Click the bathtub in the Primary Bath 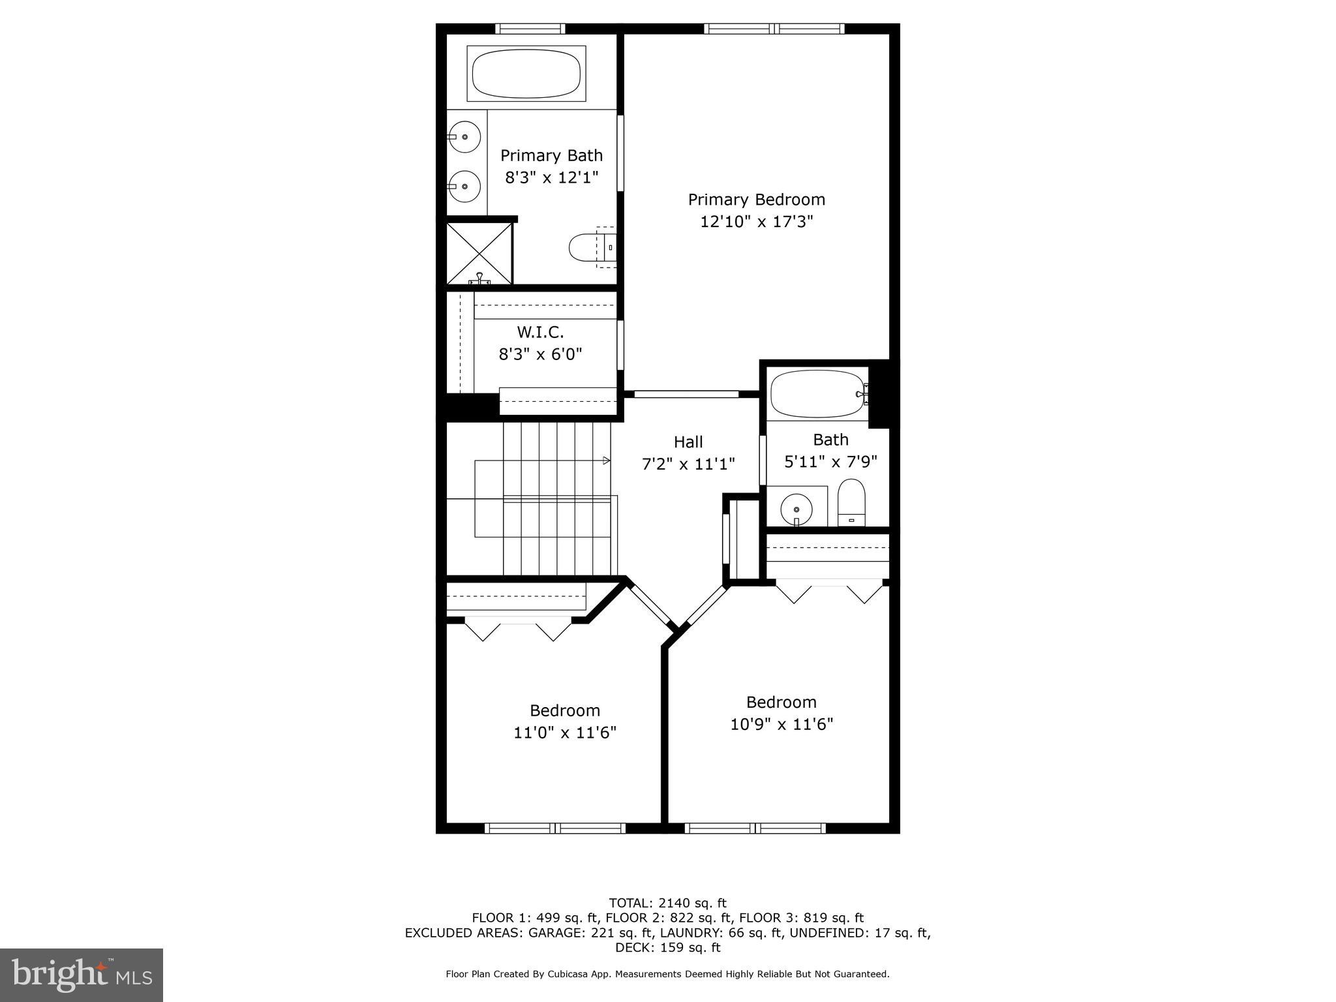coord(526,74)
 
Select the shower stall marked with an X coord(479,253)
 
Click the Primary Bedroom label coord(756,200)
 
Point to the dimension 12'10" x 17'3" coord(756,222)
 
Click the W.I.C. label coord(540,333)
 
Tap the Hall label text coord(688,442)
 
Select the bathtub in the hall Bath coord(817,394)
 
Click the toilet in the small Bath coord(851,503)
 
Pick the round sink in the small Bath coord(797,508)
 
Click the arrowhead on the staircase coord(607,461)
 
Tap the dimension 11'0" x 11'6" coord(564,733)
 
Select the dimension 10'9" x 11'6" coord(782,724)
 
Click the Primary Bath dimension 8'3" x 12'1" coord(551,177)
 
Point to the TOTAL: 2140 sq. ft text coord(667,903)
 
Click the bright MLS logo coord(82,975)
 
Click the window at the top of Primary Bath coord(530,29)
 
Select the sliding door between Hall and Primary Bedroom coord(686,394)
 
